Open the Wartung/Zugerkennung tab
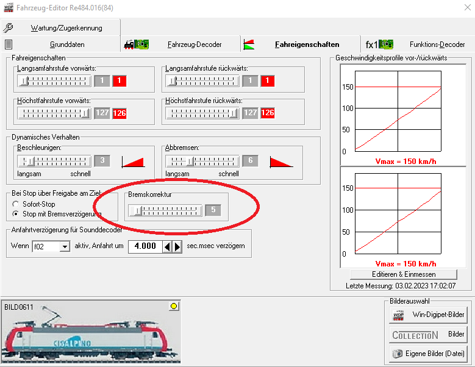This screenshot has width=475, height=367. [60, 28]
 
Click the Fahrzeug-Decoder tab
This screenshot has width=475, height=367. [181, 45]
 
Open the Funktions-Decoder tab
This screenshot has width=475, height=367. [418, 45]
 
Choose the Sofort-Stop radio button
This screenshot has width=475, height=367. [16, 204]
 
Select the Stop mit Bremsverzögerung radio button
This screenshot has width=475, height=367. [16, 214]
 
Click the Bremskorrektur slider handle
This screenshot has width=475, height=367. [138, 210]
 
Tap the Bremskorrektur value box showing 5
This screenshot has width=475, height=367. [213, 210]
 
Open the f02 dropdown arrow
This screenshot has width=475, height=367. [65, 246]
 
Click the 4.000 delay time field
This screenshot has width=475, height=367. [145, 246]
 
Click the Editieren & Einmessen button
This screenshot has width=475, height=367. [404, 274]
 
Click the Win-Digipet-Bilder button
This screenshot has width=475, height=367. [428, 315]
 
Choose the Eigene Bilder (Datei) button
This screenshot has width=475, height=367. [428, 354]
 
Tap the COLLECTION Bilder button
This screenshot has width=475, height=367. [428, 334]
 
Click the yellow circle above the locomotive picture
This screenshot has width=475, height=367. [174, 306]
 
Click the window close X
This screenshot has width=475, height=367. [468, 7]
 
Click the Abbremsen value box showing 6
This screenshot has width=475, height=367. [250, 161]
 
